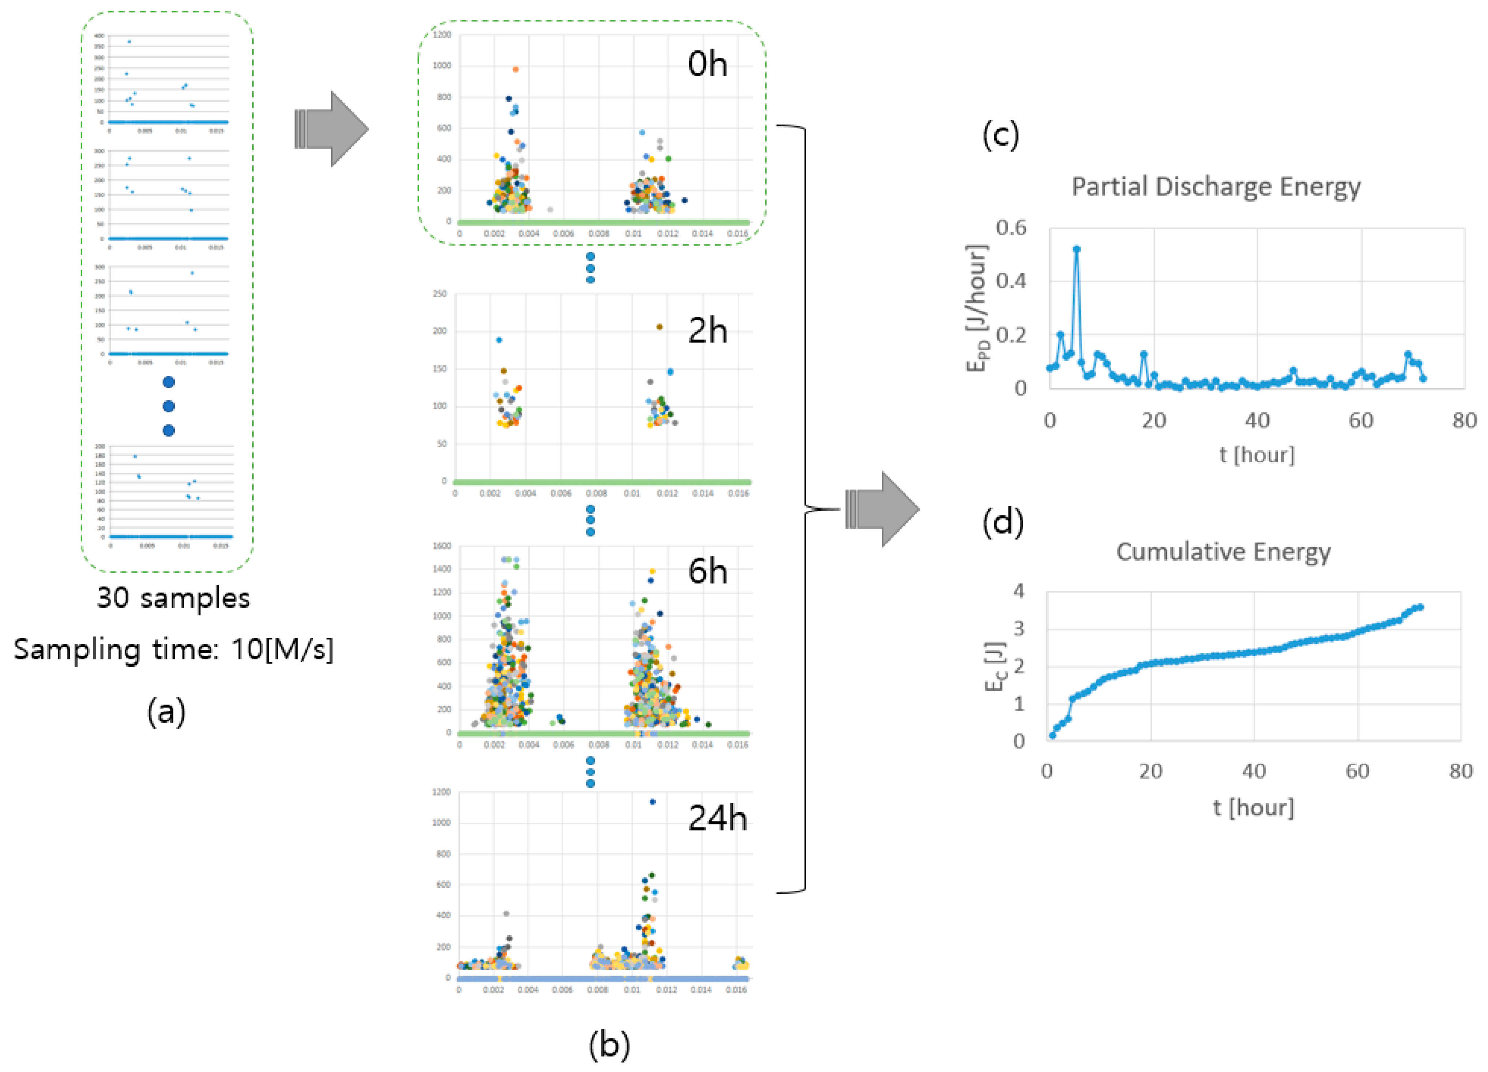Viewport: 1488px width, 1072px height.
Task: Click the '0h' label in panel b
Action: point(707,64)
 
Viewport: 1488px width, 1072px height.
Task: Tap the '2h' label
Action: point(707,331)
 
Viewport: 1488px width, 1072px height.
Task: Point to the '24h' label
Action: point(717,818)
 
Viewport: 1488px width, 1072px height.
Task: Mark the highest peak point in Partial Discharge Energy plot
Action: point(1076,249)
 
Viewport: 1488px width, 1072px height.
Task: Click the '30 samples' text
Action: point(173,598)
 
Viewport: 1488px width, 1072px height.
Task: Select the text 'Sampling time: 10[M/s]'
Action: point(173,650)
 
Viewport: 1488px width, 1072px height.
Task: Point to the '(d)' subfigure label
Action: point(1002,523)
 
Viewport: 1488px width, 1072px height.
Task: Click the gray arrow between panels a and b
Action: point(331,129)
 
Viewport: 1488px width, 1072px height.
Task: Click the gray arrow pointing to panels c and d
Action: point(882,509)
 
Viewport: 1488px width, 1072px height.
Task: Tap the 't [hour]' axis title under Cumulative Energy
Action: point(1253,807)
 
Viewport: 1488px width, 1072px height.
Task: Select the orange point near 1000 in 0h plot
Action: point(516,69)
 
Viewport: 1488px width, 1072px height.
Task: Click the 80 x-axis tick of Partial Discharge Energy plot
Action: point(1464,421)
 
